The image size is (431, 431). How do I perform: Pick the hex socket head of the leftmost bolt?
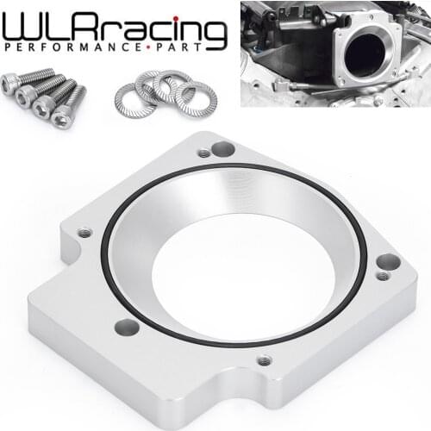click(9, 84)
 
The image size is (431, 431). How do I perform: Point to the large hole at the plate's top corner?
click(223, 149)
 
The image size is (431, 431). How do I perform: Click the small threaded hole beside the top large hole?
click(203, 153)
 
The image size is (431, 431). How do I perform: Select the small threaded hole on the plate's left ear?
click(84, 233)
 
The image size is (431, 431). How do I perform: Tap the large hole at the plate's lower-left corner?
click(127, 327)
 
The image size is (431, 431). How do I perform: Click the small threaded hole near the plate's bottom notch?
click(265, 360)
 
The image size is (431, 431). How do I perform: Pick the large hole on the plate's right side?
click(388, 261)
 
